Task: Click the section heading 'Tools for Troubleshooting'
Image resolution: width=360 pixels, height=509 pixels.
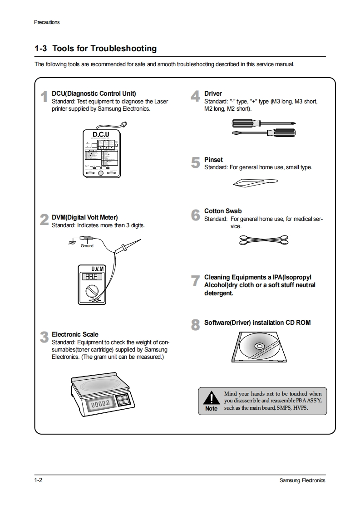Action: [x=104, y=49]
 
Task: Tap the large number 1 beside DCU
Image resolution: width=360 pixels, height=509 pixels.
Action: [x=44, y=97]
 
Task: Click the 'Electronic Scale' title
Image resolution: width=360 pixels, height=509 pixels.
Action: [x=75, y=334]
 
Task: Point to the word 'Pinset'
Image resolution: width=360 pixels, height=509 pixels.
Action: [x=213, y=160]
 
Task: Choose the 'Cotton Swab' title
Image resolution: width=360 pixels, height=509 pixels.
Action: [x=223, y=211]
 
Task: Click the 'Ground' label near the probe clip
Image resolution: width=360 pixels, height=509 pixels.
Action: [x=87, y=246]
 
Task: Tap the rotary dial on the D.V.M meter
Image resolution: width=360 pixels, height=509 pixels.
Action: [x=93, y=290]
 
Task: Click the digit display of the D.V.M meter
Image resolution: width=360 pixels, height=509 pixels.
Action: [x=89, y=277]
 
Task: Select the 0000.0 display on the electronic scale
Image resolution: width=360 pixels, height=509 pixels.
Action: [x=100, y=403]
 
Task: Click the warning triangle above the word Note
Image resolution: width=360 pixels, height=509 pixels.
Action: [x=211, y=398]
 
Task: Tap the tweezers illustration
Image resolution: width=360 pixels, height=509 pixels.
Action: [x=254, y=182]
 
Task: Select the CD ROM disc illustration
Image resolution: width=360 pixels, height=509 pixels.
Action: [x=259, y=347]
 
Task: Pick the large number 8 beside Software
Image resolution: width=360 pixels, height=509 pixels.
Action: [x=195, y=325]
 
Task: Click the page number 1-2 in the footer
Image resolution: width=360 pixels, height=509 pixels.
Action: [x=38, y=480]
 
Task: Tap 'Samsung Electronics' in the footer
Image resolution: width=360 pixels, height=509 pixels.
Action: [x=302, y=480]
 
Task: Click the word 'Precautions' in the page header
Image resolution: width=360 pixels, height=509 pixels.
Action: [x=47, y=22]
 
